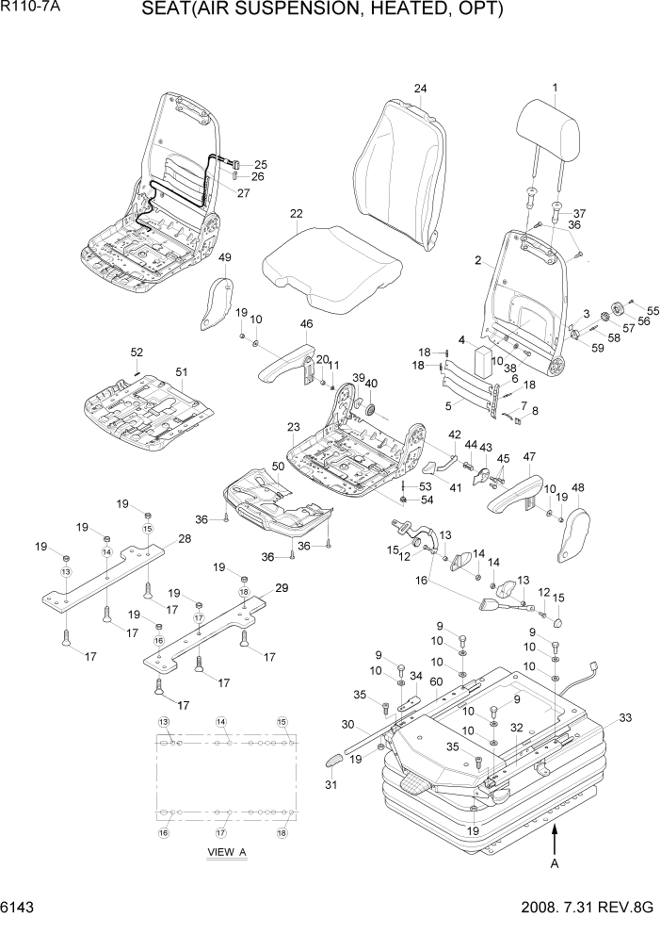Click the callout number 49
pyautogui.click(x=224, y=257)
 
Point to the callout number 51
pyautogui.click(x=182, y=370)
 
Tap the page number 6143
pyautogui.click(x=19, y=908)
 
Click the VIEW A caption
pyautogui.click(x=226, y=852)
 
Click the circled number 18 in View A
pyautogui.click(x=281, y=833)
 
